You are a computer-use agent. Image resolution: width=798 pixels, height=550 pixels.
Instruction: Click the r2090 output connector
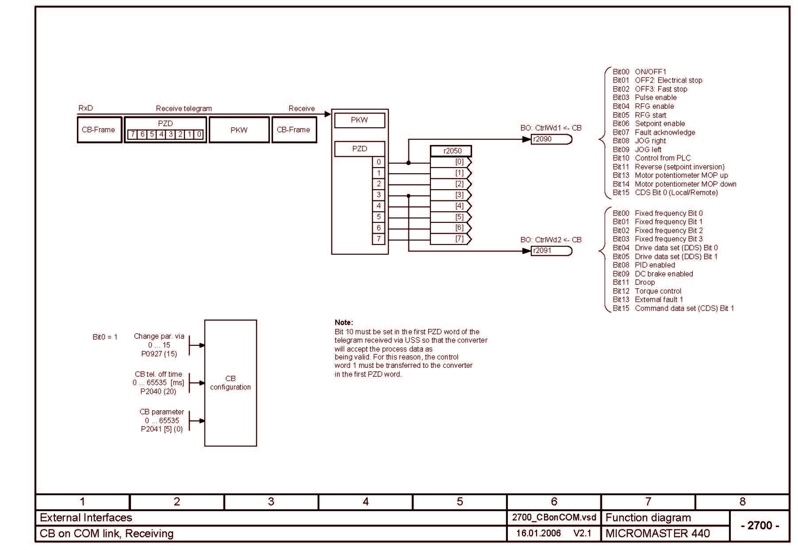pos(551,139)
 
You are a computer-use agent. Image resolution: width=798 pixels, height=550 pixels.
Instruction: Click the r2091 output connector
pos(551,251)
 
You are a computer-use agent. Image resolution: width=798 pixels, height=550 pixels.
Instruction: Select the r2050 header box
pos(451,151)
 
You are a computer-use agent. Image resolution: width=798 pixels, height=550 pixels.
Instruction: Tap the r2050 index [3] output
pos(451,195)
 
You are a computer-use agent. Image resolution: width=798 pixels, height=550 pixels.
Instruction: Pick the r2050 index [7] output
pos(451,239)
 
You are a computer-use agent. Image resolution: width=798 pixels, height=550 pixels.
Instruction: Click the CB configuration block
pos(230,383)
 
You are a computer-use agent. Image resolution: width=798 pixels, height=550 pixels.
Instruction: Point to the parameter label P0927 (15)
pos(159,354)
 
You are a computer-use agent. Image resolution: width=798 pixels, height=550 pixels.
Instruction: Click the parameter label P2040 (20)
pos(158,391)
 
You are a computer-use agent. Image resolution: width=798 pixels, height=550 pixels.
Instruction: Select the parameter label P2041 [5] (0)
pos(161,429)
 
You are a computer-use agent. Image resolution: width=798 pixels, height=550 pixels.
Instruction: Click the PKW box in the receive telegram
pos(239,130)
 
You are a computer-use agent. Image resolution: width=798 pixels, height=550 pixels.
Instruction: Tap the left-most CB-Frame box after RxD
pos(99,130)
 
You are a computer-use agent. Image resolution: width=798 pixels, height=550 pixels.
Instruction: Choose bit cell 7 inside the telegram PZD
pos(133,134)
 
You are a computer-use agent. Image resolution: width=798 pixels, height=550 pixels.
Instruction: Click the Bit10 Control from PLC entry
pos(652,158)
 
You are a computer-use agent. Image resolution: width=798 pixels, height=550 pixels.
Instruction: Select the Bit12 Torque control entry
pos(647,291)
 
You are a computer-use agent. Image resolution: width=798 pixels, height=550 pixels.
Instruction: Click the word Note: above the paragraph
pos(344,322)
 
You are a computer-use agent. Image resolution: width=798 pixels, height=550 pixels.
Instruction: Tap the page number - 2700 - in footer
pos(760,525)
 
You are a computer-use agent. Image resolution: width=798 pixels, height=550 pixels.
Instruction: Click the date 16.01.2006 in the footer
pos(538,533)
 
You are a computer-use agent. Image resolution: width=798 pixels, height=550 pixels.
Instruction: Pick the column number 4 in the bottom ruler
pos(365,501)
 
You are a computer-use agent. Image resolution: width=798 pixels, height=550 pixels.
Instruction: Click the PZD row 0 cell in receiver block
pos(379,162)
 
